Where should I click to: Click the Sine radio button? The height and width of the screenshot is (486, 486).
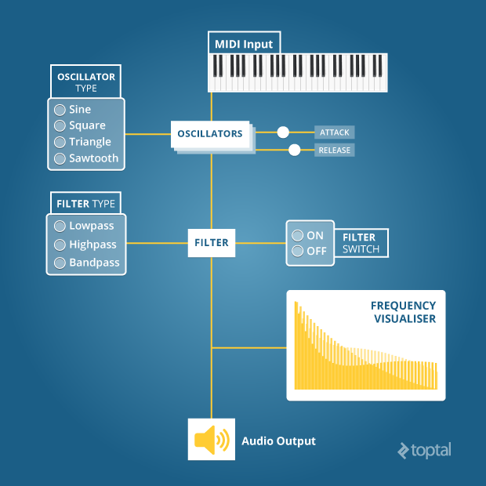pyautogui.click(x=59, y=110)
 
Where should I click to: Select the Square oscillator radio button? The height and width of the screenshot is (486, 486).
pyautogui.click(x=59, y=125)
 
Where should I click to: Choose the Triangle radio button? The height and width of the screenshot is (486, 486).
pyautogui.click(x=59, y=142)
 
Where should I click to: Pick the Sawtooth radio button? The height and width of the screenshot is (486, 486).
pyautogui.click(x=59, y=158)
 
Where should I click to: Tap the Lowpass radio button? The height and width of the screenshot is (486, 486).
pyautogui.click(x=59, y=226)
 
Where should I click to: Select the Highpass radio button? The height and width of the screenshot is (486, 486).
pyautogui.click(x=59, y=245)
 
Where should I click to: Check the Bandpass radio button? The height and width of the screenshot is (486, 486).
pyautogui.click(x=59, y=263)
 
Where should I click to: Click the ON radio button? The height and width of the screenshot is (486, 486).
pyautogui.click(x=297, y=235)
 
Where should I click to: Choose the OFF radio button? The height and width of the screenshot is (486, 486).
pyautogui.click(x=297, y=251)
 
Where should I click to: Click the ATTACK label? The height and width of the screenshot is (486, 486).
pyautogui.click(x=334, y=132)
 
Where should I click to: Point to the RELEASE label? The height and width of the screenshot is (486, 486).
pyautogui.click(x=334, y=150)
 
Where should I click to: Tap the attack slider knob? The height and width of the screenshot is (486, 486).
pyautogui.click(x=283, y=132)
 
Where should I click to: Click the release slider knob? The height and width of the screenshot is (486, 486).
pyautogui.click(x=295, y=150)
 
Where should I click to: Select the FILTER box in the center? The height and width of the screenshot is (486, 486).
pyautogui.click(x=212, y=243)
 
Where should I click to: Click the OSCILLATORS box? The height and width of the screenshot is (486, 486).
pyautogui.click(x=209, y=134)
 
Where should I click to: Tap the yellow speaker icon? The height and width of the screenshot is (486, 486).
pyautogui.click(x=211, y=441)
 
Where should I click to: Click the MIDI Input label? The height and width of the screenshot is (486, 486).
pyautogui.click(x=244, y=44)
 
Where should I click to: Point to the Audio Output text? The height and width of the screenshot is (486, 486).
pyautogui.click(x=278, y=441)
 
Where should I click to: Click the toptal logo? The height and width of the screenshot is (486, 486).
pyautogui.click(x=425, y=450)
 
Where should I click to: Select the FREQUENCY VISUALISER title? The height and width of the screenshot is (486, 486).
pyautogui.click(x=403, y=312)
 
